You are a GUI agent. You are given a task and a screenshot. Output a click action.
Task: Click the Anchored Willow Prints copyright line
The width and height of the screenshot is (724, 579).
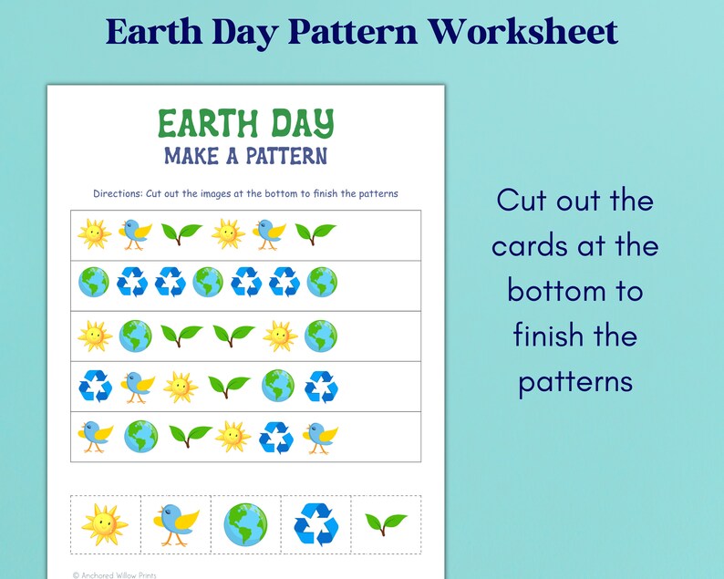pyautogui.click(x=114, y=574)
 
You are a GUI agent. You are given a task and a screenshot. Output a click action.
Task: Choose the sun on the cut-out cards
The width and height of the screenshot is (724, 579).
pyautogui.click(x=104, y=524)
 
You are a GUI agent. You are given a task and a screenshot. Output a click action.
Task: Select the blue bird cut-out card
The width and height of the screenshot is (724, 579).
pyautogui.click(x=175, y=523)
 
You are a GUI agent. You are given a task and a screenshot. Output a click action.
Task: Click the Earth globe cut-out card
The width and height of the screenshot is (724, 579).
pyautogui.click(x=246, y=524)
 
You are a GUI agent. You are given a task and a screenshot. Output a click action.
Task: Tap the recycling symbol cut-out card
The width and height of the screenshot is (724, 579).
pyautogui.click(x=315, y=525)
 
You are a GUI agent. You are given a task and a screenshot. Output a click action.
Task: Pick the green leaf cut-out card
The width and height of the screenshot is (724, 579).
pyautogui.click(x=386, y=523)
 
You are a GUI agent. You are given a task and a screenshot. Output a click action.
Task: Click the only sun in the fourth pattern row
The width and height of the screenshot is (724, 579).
pyautogui.click(x=181, y=387)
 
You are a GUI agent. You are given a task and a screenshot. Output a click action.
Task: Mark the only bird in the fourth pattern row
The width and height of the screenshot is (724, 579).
pyautogui.click(x=137, y=387)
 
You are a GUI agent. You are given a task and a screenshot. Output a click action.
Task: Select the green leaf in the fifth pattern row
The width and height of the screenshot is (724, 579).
pyautogui.click(x=189, y=436)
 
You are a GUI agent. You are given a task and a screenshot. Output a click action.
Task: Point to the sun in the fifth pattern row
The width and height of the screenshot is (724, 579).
pyautogui.click(x=233, y=437)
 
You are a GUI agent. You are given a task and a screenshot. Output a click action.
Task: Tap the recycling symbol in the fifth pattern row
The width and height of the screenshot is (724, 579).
pyautogui.click(x=275, y=437)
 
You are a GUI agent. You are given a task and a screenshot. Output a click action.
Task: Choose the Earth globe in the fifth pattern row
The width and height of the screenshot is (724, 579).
pyautogui.click(x=141, y=436)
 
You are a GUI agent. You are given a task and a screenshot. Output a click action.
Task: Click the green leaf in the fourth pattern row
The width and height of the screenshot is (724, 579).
pyautogui.click(x=228, y=387)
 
